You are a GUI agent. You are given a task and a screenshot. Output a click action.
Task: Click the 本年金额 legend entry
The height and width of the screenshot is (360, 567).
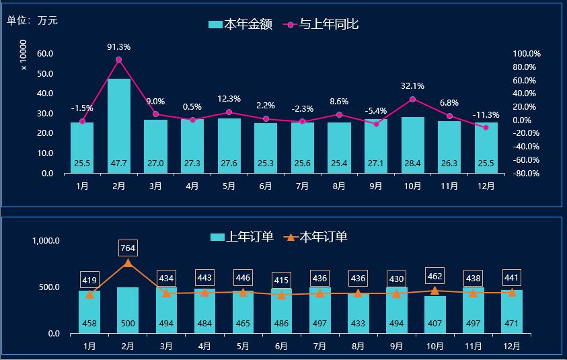pyautogui.click(x=240, y=25)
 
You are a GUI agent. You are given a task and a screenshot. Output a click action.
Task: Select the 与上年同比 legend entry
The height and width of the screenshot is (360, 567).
pyautogui.click(x=319, y=25)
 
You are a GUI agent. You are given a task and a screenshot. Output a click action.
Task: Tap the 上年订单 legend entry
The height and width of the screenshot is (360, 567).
pyautogui.click(x=241, y=237)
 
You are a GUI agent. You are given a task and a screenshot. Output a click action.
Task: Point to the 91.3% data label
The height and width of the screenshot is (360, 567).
pyautogui.click(x=119, y=47)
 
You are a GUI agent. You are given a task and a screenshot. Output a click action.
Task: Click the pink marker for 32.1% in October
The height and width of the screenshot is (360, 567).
pyautogui.click(x=412, y=100)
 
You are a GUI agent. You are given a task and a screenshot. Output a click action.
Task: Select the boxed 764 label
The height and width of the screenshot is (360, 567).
pyautogui.click(x=128, y=248)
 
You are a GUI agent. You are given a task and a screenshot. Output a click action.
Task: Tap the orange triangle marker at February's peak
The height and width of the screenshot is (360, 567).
pyautogui.click(x=128, y=262)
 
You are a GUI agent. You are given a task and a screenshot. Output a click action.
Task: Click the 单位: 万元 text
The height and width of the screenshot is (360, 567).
pyautogui.click(x=32, y=21)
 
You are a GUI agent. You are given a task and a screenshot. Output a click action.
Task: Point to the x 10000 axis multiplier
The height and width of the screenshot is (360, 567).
pyautogui.click(x=24, y=55)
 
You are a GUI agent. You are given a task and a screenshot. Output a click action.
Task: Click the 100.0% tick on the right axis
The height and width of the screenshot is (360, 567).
pyautogui.click(x=527, y=54)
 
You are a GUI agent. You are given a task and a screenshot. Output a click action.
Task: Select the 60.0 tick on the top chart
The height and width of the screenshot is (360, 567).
pyautogui.click(x=46, y=54)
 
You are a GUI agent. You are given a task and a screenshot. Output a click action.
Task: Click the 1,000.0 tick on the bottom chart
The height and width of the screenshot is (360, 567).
pyautogui.click(x=46, y=241)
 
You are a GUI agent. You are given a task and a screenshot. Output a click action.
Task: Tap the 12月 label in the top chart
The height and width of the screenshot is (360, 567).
pyautogui.click(x=486, y=186)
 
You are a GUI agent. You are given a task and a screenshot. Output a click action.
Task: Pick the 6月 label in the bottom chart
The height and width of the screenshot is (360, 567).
pyautogui.click(x=281, y=347)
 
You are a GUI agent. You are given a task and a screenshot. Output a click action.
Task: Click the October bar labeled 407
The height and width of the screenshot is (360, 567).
pyautogui.click(x=434, y=315)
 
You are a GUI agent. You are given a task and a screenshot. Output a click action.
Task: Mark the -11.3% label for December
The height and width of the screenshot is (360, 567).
pyautogui.click(x=486, y=114)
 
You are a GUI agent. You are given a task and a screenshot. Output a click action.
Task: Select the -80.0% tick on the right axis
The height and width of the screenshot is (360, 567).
pyautogui.click(x=527, y=174)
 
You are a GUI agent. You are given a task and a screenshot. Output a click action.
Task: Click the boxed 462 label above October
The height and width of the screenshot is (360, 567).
pyautogui.click(x=434, y=276)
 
